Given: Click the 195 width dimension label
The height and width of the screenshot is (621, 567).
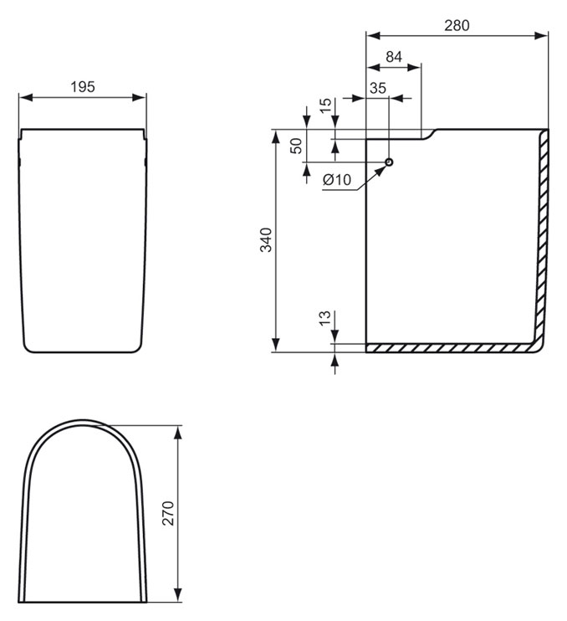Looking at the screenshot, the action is tap(83, 87).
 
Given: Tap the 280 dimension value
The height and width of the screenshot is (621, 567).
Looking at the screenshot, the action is tap(457, 25).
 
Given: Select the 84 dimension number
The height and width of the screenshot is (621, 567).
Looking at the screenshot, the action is tap(394, 57).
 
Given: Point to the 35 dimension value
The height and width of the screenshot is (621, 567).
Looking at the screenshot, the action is tap(378, 88).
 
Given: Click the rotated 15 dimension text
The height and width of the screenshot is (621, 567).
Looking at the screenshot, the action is tap(325, 105).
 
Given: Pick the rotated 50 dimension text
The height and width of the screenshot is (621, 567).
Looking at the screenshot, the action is tap(296, 146).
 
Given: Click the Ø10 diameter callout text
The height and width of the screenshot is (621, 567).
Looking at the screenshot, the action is tap(337, 180).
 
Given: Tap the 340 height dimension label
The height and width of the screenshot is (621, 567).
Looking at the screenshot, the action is tap(266, 240).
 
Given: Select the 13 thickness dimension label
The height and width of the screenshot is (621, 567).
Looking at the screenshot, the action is tap(324, 318).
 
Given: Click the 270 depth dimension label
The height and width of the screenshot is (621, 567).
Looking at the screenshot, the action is tap(168, 513).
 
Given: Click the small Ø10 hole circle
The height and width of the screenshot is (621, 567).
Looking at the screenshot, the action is tap(389, 162).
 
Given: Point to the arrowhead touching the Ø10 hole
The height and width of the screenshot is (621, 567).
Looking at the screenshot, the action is tap(381, 170).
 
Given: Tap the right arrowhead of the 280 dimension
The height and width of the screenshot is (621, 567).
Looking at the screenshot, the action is tap(541, 36).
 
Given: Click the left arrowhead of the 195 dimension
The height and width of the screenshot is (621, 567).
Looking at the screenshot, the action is tap(26, 97).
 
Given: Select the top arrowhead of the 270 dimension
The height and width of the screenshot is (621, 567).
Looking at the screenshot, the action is tap(178, 433).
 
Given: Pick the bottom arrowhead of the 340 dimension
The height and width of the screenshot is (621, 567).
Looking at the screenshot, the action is tap(276, 345).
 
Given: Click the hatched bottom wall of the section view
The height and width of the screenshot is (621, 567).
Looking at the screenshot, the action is tap(451, 348).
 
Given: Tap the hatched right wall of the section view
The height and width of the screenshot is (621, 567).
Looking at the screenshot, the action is tap(543, 238).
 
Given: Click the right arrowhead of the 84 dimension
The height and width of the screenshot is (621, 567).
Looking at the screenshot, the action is tap(414, 67).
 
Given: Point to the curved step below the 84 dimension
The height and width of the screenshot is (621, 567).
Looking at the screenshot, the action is tap(428, 134).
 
